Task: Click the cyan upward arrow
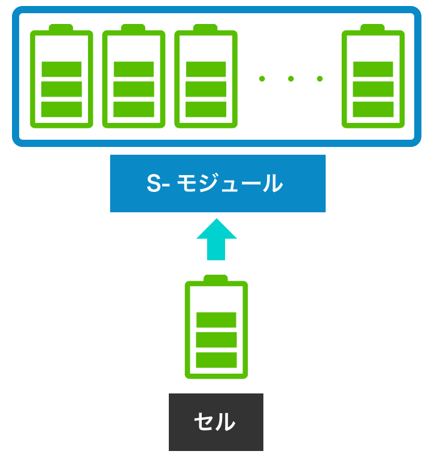(x=216, y=240)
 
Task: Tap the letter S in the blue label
(x=154, y=184)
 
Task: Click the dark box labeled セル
(x=216, y=422)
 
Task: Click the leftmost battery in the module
(x=62, y=76)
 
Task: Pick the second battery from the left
(x=133, y=76)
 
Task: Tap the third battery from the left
(x=206, y=76)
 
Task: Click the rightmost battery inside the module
(x=373, y=76)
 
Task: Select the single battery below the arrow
(x=216, y=327)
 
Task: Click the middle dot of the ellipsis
(x=291, y=79)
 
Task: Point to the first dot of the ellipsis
(x=262, y=79)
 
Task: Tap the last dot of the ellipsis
(x=320, y=79)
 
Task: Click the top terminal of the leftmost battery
(x=61, y=28)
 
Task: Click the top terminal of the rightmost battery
(x=372, y=28)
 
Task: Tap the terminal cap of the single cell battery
(x=215, y=278)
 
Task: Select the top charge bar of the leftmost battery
(x=62, y=69)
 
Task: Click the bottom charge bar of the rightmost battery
(x=373, y=109)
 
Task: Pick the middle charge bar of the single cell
(x=216, y=340)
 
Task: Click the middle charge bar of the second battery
(x=134, y=89)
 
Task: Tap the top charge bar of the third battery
(x=206, y=69)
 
